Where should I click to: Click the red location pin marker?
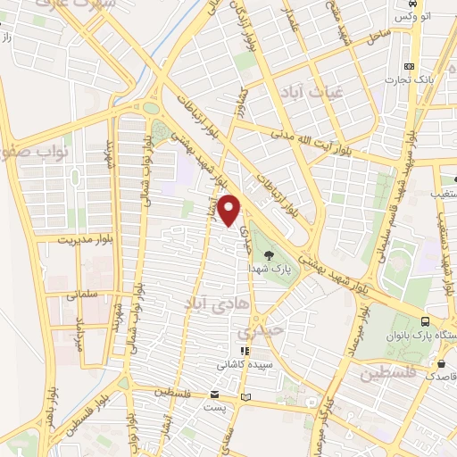pos(229,212)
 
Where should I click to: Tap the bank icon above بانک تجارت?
pos(410,67)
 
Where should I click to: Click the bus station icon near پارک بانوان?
pos(426,322)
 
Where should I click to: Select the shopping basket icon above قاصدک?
pos(443,363)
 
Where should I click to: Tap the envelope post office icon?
pos(214,394)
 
